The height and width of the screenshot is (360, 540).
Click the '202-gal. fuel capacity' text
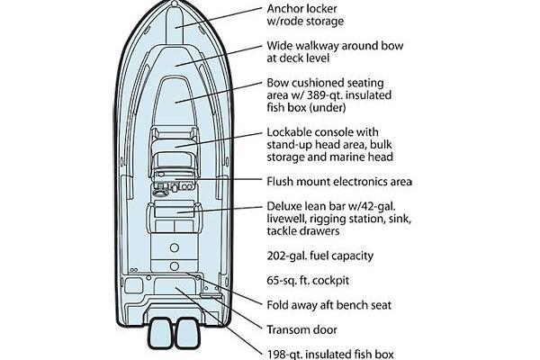click(x=319, y=256)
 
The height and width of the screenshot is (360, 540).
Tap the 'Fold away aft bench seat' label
click(x=328, y=305)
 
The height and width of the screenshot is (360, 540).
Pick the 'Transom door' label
click(x=301, y=328)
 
